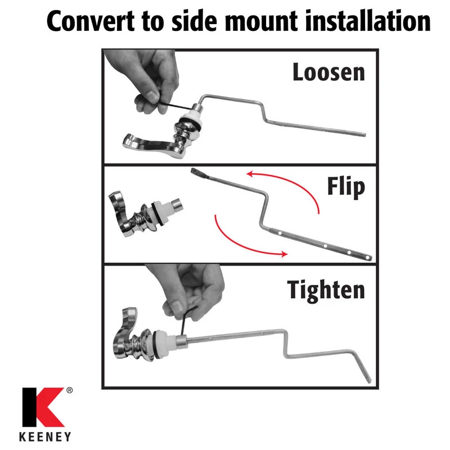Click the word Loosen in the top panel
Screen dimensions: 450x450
point(328,72)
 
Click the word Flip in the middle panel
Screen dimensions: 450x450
point(346,187)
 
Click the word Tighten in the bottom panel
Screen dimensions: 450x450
point(326,290)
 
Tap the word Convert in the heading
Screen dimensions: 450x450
point(91,21)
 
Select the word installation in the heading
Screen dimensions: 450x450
point(368,20)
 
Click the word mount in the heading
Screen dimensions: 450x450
point(261,21)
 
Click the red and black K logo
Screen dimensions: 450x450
point(43,407)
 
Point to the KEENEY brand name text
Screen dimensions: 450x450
point(45,437)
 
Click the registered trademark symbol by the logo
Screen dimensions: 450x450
point(69,390)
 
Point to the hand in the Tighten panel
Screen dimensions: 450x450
point(190,290)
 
